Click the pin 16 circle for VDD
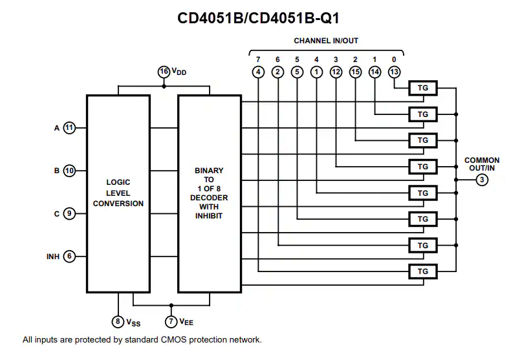164,72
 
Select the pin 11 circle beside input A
70,128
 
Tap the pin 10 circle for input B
70,171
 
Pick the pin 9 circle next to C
70,213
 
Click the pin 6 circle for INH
70,257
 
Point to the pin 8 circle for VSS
118,321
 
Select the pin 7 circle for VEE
171,321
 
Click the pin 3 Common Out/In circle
482,180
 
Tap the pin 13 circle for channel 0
394,72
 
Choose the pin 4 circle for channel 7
258,72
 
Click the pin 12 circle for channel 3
336,72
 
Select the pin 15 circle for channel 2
355,72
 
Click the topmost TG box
422,88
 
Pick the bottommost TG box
422,271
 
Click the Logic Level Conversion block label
118,193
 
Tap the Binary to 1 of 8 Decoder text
209,193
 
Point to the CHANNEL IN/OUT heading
326,41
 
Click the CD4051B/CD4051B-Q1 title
258,17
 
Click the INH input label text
52,257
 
